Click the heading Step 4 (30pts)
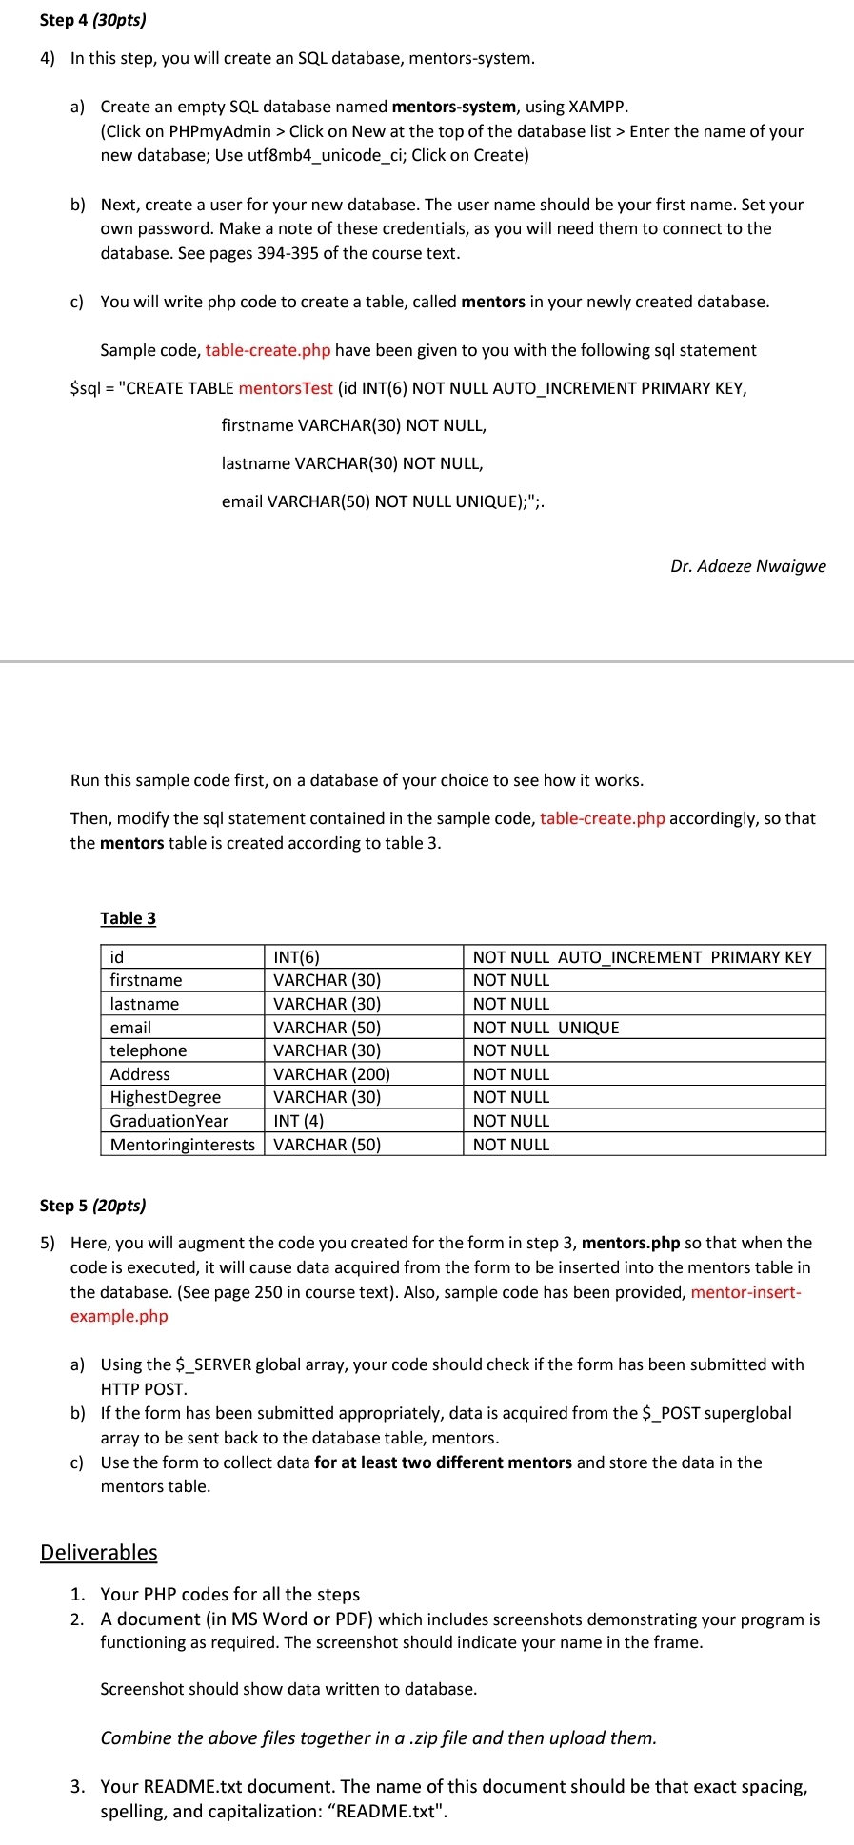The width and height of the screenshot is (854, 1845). point(92,20)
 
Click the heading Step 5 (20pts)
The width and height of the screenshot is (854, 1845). point(92,1206)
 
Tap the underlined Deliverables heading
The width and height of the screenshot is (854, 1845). point(98,1553)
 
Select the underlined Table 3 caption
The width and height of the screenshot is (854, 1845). point(128,918)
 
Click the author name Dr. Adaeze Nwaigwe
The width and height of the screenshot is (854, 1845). point(747,566)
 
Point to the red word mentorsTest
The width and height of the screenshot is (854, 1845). point(286,388)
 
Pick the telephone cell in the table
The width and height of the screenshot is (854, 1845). point(149,1050)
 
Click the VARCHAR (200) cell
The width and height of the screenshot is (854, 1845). point(331,1074)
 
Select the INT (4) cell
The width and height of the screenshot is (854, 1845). point(299,1121)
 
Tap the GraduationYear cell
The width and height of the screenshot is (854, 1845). point(169,1121)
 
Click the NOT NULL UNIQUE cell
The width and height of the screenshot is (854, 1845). point(546,1028)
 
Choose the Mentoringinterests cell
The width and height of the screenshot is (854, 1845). point(183,1145)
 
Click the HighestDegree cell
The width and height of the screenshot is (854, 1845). point(166,1097)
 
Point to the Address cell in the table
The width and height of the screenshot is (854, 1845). point(140,1074)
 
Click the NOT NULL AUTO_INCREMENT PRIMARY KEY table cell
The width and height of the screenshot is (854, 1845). point(642,957)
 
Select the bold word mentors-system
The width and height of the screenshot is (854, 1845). point(453,107)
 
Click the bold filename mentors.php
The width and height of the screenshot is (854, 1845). point(630,1243)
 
